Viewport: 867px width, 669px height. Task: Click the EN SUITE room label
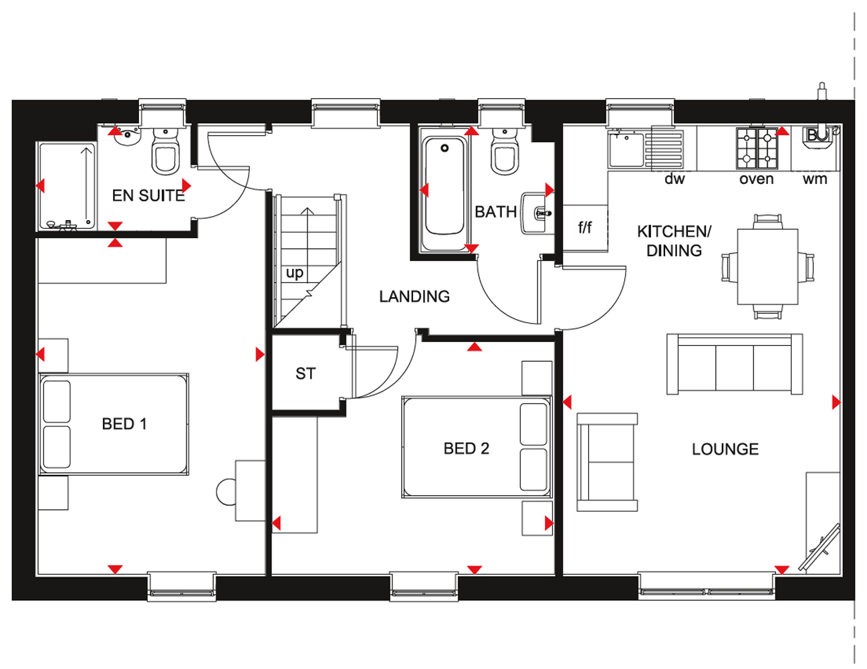(x=148, y=195)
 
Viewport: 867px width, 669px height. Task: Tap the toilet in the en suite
(x=165, y=151)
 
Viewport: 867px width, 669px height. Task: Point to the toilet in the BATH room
(x=505, y=152)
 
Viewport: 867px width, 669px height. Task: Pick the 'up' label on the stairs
(x=294, y=273)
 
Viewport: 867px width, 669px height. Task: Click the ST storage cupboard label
(x=305, y=373)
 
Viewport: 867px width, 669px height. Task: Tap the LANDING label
(x=414, y=296)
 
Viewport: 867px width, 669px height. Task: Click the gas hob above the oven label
(x=757, y=148)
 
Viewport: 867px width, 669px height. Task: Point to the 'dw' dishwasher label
(x=674, y=179)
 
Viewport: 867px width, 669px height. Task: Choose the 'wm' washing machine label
(x=815, y=179)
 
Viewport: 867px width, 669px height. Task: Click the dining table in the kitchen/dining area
(x=767, y=267)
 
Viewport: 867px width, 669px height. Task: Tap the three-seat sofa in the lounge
(x=735, y=364)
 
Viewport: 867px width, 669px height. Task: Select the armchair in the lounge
(x=607, y=462)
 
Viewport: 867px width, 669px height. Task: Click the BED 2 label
(x=467, y=449)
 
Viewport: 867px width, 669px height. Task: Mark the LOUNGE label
(x=725, y=450)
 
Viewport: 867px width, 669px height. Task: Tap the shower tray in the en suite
(x=68, y=187)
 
